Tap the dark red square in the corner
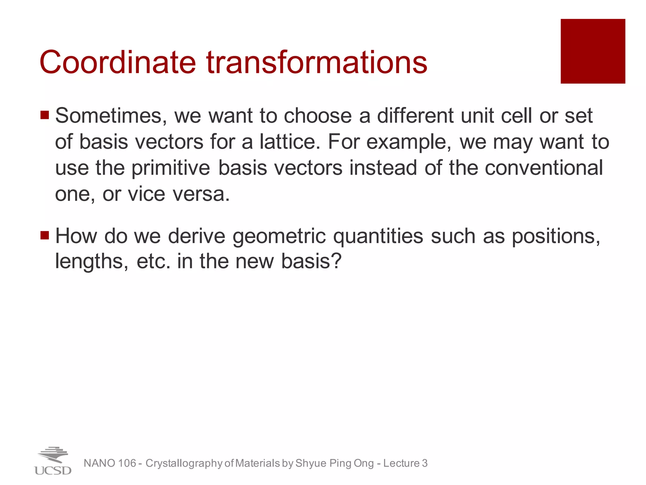coord(593,51)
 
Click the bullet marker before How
coord(45,235)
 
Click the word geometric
coord(279,236)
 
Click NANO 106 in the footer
coord(110,463)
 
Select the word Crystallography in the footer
coord(184,463)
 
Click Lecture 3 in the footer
coord(405,463)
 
